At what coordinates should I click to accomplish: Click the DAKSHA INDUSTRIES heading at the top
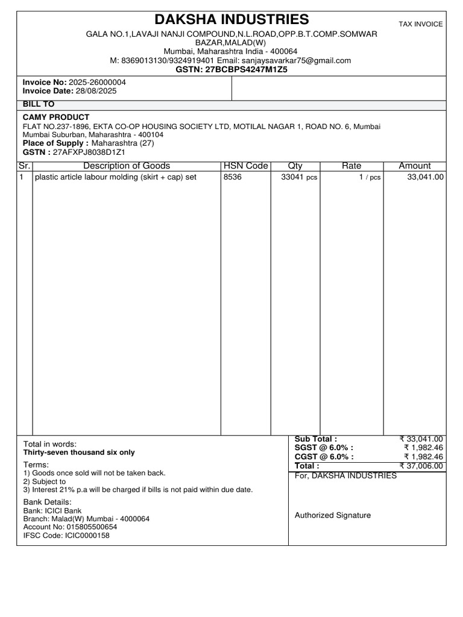tap(232, 19)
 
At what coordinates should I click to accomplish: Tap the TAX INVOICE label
tap(421, 24)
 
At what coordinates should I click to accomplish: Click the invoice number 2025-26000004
tap(98, 82)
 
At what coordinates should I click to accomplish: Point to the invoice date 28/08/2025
tap(88, 91)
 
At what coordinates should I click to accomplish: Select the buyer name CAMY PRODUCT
tap(56, 117)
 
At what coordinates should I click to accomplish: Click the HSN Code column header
tap(245, 166)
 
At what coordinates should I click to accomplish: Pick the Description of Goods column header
tap(127, 166)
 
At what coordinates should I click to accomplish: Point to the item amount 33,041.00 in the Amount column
tap(426, 177)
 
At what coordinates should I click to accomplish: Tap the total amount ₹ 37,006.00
tap(421, 466)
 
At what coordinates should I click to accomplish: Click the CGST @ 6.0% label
tap(324, 457)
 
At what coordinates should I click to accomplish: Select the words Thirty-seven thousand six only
tap(79, 453)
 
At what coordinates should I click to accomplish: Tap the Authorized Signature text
tap(333, 515)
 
